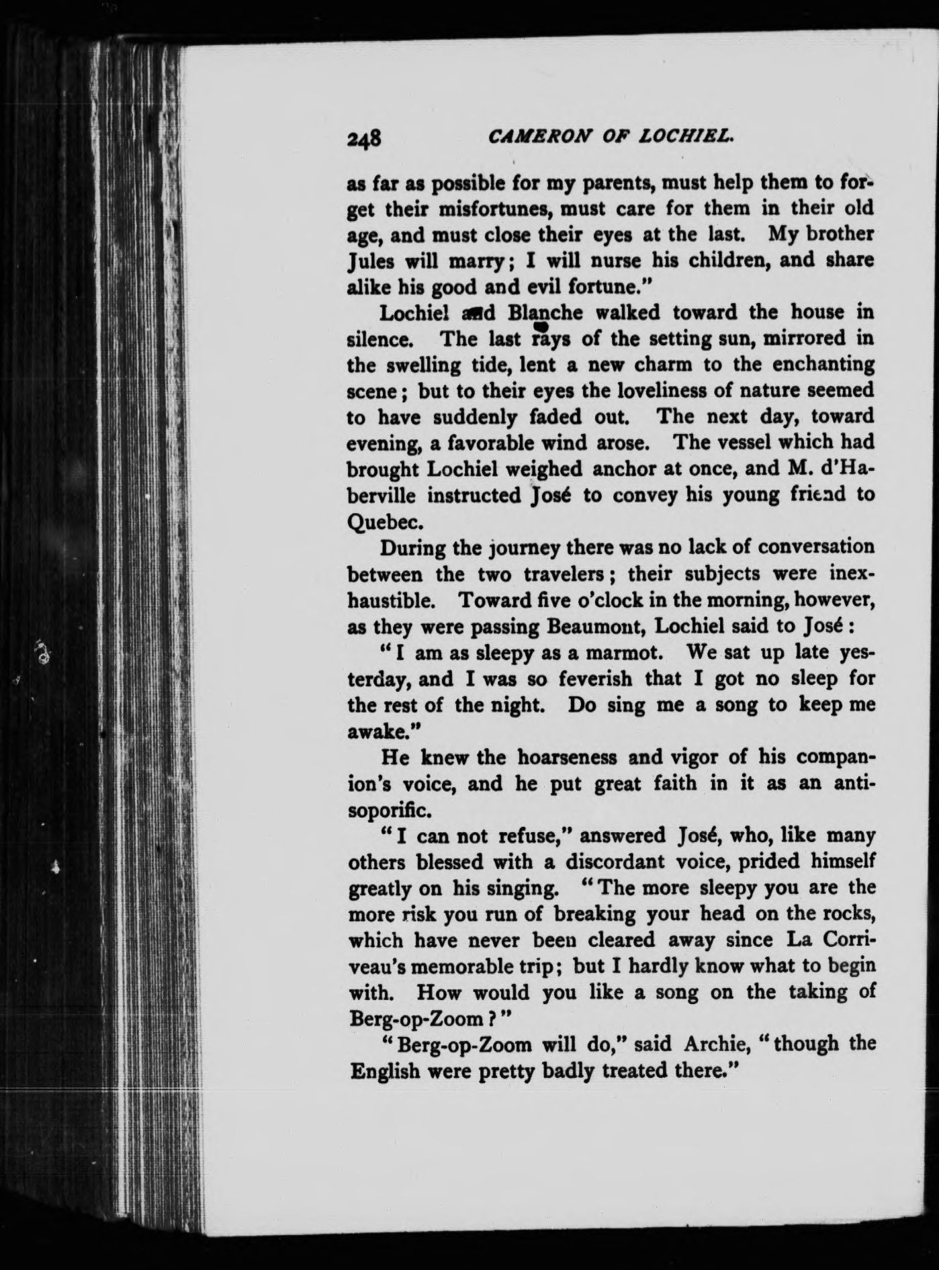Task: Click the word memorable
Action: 484,966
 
